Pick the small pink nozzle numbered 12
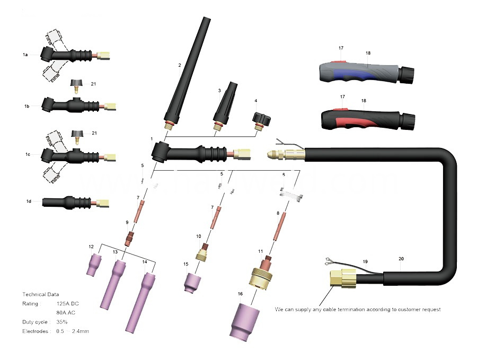pyautogui.click(x=95, y=264)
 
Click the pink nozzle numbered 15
pyautogui.click(x=191, y=282)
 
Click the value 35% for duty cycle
pyautogui.click(x=61, y=322)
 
